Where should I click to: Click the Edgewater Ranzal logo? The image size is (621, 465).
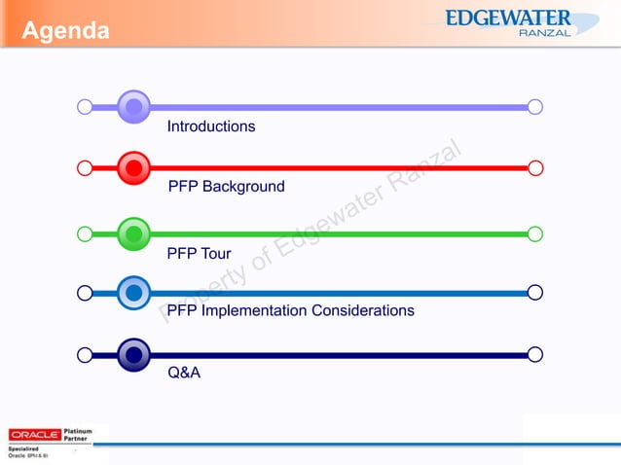[x=522, y=23]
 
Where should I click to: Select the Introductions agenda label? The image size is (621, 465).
[x=211, y=126]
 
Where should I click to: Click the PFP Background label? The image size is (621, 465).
[x=227, y=186]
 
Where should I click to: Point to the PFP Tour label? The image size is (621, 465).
[x=199, y=254]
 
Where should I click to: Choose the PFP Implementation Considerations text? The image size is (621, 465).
[x=291, y=310]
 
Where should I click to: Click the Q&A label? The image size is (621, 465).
[x=184, y=372]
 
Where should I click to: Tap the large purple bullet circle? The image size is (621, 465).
[x=133, y=106]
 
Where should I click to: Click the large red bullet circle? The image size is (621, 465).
[x=133, y=168]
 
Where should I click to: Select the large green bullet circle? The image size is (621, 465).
[x=133, y=233]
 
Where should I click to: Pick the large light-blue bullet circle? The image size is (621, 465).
[x=133, y=292]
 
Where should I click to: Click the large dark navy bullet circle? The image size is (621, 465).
[x=133, y=355]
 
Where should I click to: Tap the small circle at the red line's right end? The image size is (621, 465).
[x=535, y=168]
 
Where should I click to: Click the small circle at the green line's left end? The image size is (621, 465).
[x=85, y=233]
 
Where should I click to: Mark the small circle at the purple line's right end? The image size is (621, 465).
[x=535, y=106]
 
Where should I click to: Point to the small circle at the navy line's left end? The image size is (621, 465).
[x=85, y=355]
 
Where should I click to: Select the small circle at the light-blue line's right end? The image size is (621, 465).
[x=535, y=292]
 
